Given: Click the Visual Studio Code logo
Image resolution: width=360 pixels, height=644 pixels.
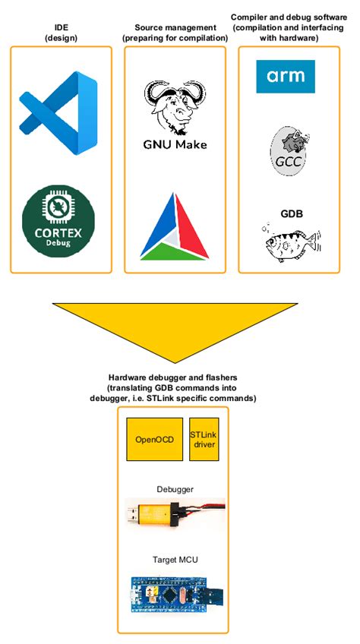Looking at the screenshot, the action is [58, 113].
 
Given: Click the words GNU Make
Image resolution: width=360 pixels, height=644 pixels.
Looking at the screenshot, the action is [175, 144].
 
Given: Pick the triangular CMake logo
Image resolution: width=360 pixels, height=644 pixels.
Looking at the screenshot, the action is [174, 226].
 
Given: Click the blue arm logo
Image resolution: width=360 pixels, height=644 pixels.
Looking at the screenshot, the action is [286, 77].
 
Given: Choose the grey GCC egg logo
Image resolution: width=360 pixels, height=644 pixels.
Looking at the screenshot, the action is [289, 150].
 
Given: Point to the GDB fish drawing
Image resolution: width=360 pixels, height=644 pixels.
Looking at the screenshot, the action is [289, 242].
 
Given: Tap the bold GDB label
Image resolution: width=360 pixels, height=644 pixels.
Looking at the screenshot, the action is [289, 214].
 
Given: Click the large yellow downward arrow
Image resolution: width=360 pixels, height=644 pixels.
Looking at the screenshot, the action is [175, 329].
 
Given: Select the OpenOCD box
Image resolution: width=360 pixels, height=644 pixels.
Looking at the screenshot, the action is [154, 440].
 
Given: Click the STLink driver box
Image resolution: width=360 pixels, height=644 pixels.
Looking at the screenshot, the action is [204, 440].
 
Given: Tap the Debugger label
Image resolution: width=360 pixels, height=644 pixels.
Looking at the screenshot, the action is [175, 489].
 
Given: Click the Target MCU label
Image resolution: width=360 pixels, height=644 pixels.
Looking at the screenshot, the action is [175, 560].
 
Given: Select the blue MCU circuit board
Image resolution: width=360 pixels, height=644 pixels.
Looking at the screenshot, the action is [175, 592].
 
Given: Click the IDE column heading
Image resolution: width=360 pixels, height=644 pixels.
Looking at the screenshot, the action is [62, 33].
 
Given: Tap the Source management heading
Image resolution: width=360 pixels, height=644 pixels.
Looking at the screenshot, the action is [175, 33].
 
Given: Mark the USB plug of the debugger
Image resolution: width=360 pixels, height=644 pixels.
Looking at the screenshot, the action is [132, 513].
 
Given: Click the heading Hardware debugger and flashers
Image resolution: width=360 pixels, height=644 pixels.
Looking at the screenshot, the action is [173, 377].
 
